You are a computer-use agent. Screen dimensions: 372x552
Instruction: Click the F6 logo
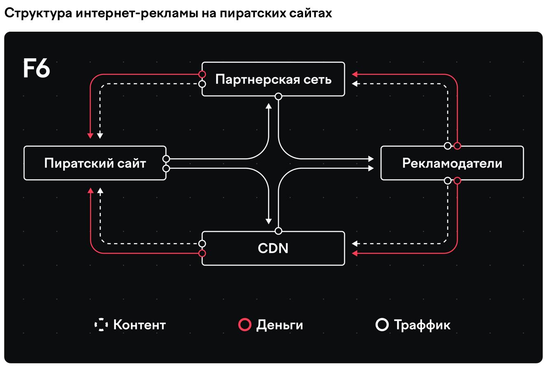[36, 69]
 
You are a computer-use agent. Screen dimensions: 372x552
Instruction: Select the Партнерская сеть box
[273, 79]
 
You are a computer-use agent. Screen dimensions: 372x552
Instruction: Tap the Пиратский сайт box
[95, 163]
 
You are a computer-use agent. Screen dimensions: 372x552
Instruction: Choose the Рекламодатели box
[452, 163]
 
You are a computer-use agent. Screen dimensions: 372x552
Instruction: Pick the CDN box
[273, 248]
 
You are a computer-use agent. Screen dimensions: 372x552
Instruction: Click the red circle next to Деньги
[245, 325]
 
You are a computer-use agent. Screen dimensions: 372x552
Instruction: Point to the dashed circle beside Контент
[101, 325]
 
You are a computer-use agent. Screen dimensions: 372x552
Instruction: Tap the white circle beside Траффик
[382, 325]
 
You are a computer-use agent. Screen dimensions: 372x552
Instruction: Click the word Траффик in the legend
[422, 325]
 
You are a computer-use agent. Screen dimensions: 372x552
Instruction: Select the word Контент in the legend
[139, 325]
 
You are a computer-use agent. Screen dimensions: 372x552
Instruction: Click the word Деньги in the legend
[280, 325]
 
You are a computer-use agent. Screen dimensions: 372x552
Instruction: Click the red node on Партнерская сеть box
[202, 74]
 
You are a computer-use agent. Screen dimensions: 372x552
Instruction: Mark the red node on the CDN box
[202, 253]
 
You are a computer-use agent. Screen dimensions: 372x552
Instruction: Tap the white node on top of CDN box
[278, 230]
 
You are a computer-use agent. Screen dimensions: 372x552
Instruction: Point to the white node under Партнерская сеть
[278, 96]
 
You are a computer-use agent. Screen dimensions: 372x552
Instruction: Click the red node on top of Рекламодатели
[457, 146]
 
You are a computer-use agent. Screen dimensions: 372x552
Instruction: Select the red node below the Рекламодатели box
[457, 180]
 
